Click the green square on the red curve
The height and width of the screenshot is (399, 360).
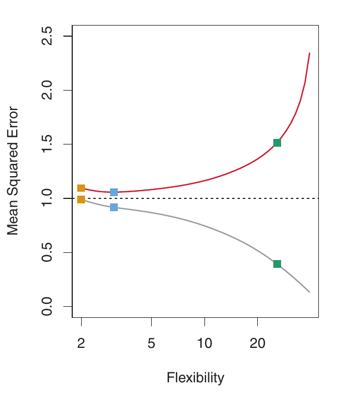click(x=277, y=143)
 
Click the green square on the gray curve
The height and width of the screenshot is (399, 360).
click(x=277, y=264)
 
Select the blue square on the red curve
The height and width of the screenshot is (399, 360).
click(x=114, y=192)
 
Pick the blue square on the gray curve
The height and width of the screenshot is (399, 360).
click(x=114, y=207)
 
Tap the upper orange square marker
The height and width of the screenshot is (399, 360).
click(x=81, y=188)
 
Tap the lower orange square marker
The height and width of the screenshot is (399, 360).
click(x=81, y=200)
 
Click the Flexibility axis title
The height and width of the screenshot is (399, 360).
click(x=195, y=378)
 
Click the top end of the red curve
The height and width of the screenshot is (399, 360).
click(x=309, y=53)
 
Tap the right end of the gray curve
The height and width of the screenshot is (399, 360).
click(x=309, y=292)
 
